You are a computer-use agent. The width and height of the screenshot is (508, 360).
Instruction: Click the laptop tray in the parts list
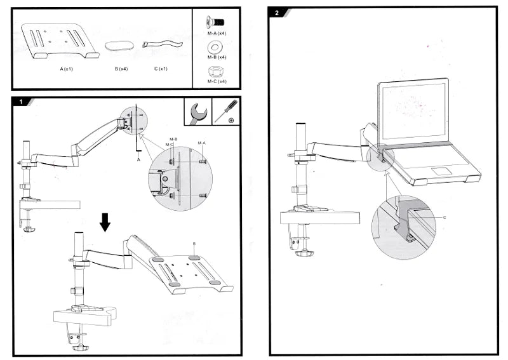click(60, 42)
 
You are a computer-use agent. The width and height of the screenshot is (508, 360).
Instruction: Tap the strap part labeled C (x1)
click(161, 44)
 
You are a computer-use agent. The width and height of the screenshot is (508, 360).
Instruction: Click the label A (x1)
click(67, 69)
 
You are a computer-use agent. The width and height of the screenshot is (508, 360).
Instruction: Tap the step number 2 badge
click(277, 12)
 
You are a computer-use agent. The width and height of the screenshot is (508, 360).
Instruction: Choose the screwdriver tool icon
click(227, 112)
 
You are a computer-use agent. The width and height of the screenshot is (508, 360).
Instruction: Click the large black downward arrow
click(105, 222)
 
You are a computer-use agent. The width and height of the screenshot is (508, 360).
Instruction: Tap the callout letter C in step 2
click(444, 217)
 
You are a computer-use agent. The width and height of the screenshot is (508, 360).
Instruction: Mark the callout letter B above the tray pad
click(194, 243)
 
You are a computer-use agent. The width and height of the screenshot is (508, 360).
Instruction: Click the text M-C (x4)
click(217, 81)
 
